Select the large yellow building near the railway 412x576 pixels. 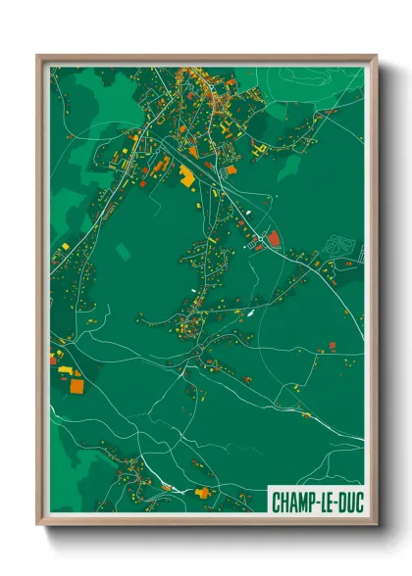(186, 176)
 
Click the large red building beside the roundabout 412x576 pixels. (274, 238)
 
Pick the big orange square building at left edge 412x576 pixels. (77, 385)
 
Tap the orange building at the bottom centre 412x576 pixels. (203, 492)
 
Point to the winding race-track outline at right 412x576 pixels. (339, 245)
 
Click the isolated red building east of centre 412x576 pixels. (332, 345)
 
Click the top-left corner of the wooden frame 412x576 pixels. (38, 56)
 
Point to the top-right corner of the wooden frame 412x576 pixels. (376, 56)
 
